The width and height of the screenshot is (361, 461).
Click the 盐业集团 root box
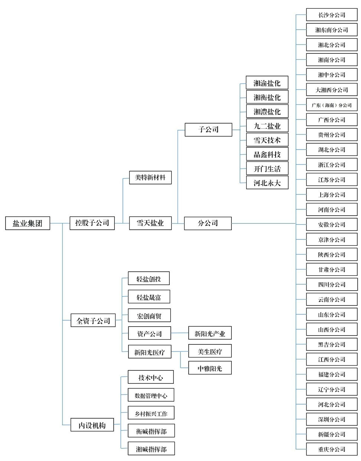27,223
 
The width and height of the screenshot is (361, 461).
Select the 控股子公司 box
92,223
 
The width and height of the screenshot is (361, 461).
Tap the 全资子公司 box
93,320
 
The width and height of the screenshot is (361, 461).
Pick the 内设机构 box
92,425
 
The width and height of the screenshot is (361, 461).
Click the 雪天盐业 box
150,223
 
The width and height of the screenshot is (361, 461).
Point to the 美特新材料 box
150,177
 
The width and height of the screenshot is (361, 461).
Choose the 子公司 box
208,130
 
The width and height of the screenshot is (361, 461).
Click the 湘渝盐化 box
267,82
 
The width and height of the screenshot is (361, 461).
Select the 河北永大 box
267,182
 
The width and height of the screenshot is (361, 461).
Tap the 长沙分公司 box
332,14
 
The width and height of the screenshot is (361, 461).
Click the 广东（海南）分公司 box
332,105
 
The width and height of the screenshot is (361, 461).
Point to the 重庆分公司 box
332,449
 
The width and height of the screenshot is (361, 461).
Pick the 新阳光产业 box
210,333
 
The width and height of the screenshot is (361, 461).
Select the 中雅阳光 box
210,368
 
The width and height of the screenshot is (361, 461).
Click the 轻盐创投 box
149,278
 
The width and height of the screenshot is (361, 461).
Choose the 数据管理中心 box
151,395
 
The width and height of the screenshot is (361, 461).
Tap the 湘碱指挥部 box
151,448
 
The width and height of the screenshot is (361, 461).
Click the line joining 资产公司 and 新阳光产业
180,333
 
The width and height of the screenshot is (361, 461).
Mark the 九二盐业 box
267,125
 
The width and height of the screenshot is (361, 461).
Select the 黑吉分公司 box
332,344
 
